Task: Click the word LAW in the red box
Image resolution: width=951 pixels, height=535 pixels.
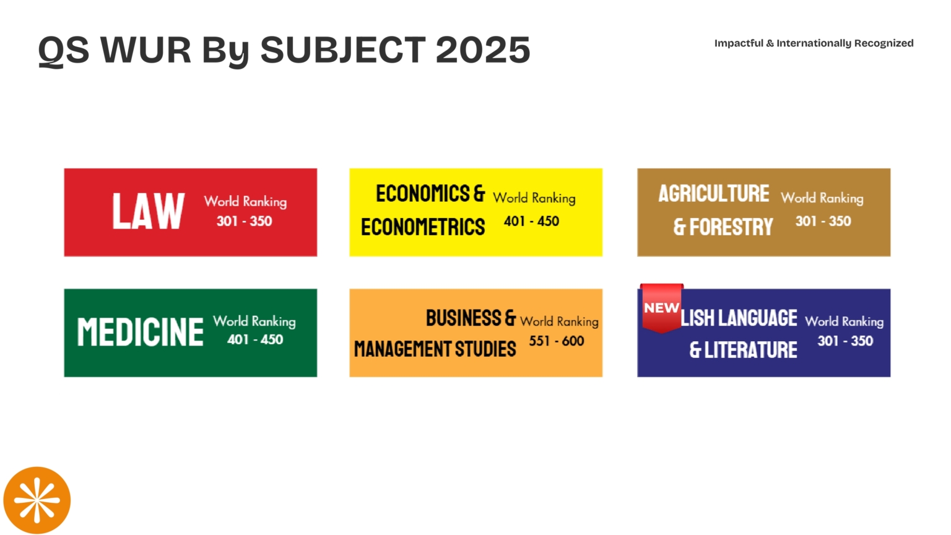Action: pos(148,212)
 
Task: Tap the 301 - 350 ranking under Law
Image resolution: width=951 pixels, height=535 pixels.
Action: pos(244,221)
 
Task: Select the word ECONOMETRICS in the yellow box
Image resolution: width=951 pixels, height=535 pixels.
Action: pos(423,227)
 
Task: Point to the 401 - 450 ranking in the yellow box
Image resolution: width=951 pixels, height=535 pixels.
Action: pos(531,221)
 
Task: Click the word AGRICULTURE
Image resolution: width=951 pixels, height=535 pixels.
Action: pos(713,194)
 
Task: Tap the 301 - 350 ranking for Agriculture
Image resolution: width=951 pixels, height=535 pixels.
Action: pos(823,221)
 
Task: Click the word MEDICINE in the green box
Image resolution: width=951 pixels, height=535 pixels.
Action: pos(140,332)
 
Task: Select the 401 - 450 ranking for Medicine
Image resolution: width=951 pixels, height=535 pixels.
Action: pos(255,339)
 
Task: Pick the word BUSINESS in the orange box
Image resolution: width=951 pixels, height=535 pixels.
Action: pos(463,318)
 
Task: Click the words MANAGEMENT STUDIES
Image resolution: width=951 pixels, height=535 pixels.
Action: pos(435,349)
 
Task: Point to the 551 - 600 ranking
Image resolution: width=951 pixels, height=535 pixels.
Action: pos(556,341)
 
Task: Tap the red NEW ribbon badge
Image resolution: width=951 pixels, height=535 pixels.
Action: pos(661,308)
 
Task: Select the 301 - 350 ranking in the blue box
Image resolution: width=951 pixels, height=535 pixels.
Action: pos(845,341)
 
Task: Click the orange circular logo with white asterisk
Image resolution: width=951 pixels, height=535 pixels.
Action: pos(37,500)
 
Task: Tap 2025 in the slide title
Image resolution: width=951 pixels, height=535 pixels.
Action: pos(483,50)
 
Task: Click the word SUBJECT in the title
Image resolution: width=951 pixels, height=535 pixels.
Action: pos(343,50)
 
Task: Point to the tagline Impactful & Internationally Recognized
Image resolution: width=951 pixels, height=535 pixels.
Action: pos(814,43)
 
